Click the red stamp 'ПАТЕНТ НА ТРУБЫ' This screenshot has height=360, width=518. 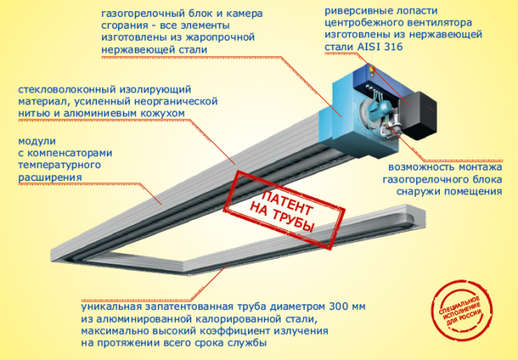tap(285, 209)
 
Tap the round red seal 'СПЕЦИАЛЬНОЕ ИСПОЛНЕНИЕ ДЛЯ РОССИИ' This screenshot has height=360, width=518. tap(461, 311)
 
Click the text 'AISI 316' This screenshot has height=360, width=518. tap(380, 46)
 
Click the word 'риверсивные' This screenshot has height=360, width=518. tap(356, 11)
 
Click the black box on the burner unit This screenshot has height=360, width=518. tap(417, 115)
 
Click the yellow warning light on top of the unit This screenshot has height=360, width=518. tap(373, 69)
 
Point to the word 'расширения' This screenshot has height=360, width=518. tap(49, 178)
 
